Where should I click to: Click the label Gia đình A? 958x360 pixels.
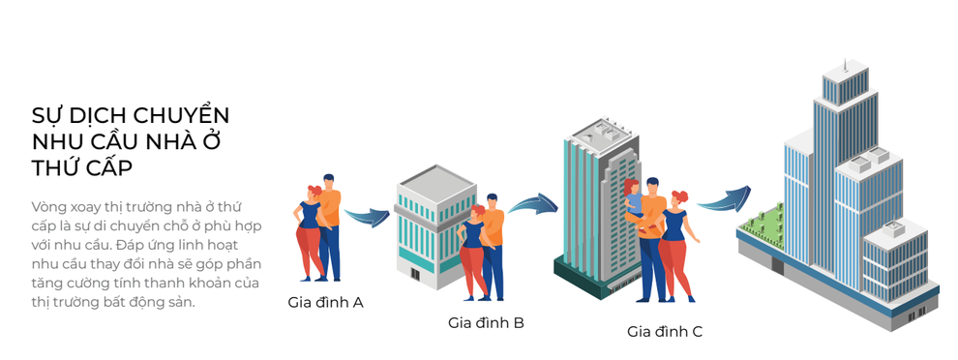point(325,302)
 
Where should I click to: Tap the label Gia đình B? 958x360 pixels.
point(486,321)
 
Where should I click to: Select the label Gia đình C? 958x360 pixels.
point(665,332)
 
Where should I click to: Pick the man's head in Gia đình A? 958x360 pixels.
point(329,181)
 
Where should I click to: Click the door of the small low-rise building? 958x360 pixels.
point(416,274)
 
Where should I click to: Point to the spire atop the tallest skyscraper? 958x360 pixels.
point(844,66)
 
